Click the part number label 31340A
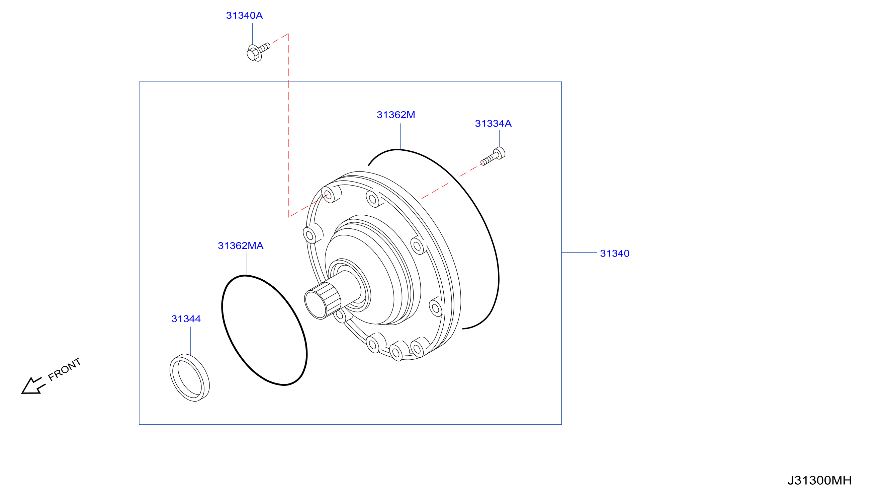pyautogui.click(x=244, y=15)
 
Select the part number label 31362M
pyautogui.click(x=396, y=115)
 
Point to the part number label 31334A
pyautogui.click(x=493, y=124)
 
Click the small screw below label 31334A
pyautogui.click(x=493, y=156)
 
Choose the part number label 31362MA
pyautogui.click(x=241, y=246)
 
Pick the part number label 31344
pyautogui.click(x=186, y=319)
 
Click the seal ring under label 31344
pyautogui.click(x=189, y=377)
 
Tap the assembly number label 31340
pyautogui.click(x=615, y=253)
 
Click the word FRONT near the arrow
pyautogui.click(x=64, y=369)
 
